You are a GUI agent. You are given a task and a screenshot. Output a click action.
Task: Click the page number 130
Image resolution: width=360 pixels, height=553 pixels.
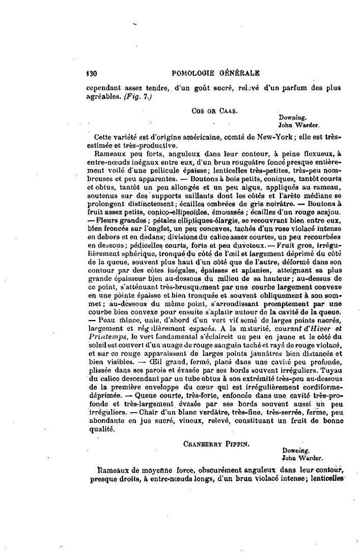[x=91, y=73]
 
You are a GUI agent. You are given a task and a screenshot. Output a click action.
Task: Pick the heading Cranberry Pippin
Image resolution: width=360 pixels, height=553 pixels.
[x=208, y=443]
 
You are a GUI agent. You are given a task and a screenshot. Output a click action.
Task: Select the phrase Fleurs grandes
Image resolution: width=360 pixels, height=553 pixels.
[x=115, y=220]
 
